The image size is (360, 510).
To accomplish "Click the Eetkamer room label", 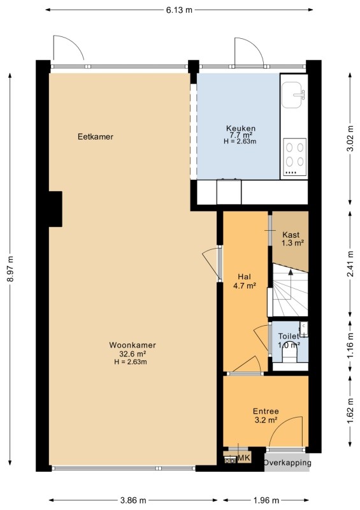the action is pyautogui.click(x=96, y=136).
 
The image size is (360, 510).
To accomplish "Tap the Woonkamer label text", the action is pyautogui.click(x=133, y=345).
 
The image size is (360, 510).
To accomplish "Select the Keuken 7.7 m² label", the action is pyautogui.click(x=241, y=131).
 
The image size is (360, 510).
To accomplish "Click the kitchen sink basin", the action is pyautogui.click(x=293, y=94).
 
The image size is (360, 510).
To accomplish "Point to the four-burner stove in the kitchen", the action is pyautogui.click(x=294, y=157).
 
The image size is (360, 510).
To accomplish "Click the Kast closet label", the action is pyautogui.click(x=291, y=235).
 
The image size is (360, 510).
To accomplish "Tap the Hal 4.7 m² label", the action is pyautogui.click(x=244, y=281).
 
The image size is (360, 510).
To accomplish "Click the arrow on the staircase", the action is pyautogui.click(x=291, y=284).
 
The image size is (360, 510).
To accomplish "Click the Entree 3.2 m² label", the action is pyautogui.click(x=266, y=416).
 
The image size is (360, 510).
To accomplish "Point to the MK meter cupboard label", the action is pyautogui.click(x=244, y=458).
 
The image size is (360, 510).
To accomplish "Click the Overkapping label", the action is pyautogui.click(x=287, y=462).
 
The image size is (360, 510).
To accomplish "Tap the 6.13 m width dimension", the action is pyautogui.click(x=179, y=10).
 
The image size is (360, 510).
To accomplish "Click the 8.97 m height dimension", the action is pyautogui.click(x=10, y=269).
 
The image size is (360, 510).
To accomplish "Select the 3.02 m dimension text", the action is pyautogui.click(x=350, y=138).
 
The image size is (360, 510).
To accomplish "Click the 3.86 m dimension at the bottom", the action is pyautogui.click(x=133, y=500).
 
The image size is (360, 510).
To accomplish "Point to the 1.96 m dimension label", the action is pyautogui.click(x=266, y=500).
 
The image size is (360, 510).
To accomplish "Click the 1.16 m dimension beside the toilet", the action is pyautogui.click(x=350, y=346).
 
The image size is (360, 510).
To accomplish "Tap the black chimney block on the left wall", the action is pyautogui.click(x=55, y=209).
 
